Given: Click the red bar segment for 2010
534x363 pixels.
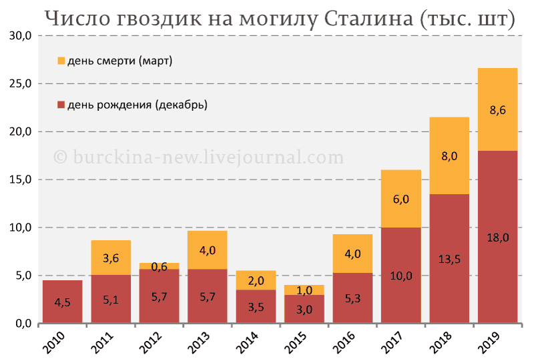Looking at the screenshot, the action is (x=63, y=302).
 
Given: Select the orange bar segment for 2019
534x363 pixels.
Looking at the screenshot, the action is (x=497, y=109).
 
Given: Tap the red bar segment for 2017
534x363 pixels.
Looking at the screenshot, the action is (x=401, y=275).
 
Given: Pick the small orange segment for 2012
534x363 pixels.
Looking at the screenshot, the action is (x=159, y=266).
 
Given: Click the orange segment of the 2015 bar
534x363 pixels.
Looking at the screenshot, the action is (x=304, y=290).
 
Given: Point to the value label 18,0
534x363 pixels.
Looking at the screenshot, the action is (x=497, y=238).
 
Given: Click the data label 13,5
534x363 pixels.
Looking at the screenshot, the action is (x=449, y=259).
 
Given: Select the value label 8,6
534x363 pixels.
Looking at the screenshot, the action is (x=497, y=110).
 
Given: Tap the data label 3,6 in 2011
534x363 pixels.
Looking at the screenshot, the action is (x=111, y=258).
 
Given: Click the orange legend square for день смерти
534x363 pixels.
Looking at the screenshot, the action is (x=61, y=61).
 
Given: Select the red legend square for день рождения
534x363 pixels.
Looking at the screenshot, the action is (x=61, y=105).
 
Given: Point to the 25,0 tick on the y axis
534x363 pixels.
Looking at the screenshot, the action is (x=21, y=84).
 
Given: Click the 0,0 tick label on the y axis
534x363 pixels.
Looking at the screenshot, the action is (x=23, y=323).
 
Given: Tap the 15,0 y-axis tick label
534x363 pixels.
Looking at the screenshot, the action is (x=21, y=179).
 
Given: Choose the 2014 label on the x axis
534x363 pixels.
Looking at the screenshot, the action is (x=248, y=342).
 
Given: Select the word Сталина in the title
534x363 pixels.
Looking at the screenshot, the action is (x=368, y=19).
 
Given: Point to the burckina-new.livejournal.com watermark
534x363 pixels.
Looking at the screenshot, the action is (x=198, y=157).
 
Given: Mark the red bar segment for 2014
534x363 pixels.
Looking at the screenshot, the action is (x=256, y=306).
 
